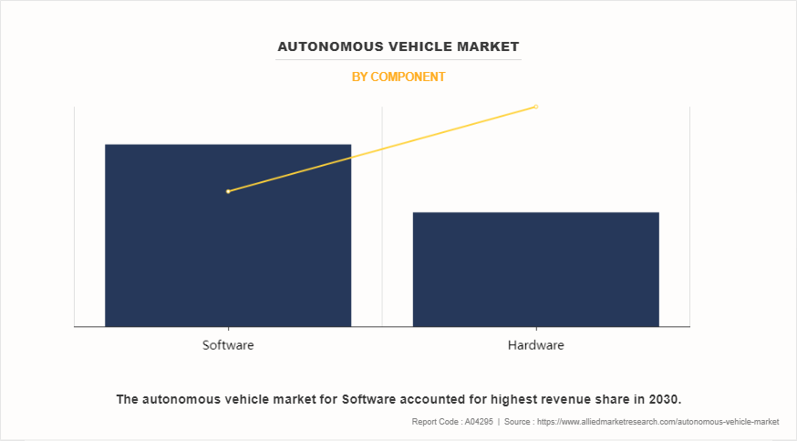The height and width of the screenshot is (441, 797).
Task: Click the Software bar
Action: coord(228,255)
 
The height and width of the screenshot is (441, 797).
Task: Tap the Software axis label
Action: coord(228,346)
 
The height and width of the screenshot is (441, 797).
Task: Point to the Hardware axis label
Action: coord(535,346)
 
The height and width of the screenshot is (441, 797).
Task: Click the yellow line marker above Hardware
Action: coord(536,107)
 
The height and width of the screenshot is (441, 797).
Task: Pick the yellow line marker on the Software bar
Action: coord(228,191)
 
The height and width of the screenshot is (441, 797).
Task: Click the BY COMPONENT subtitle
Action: coord(398,77)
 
